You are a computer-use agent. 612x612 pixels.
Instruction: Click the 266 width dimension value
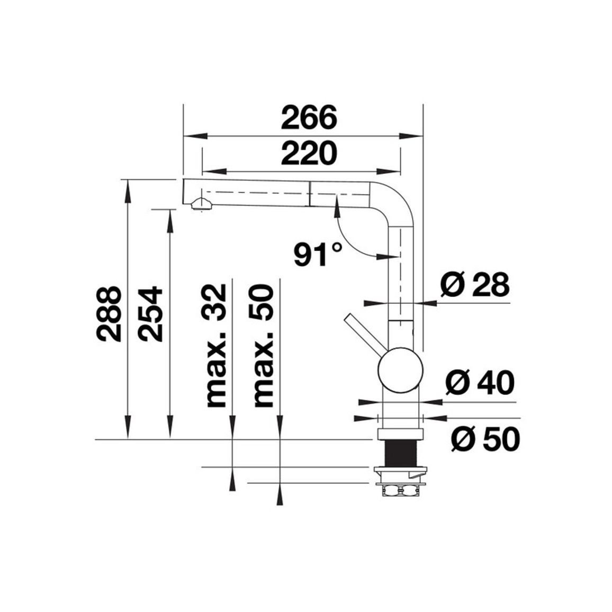point(309,118)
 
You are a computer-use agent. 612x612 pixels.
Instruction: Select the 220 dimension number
point(309,154)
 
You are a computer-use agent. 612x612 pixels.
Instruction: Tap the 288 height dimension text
point(108,314)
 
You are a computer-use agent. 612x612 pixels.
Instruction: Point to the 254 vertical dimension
point(150,314)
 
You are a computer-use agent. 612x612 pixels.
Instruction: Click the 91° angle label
point(317,254)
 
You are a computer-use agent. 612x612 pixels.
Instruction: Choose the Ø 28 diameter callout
point(474,284)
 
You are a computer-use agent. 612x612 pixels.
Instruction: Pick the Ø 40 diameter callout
point(480,382)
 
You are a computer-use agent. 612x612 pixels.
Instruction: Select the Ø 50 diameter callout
point(485,439)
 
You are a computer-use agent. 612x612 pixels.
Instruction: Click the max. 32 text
point(217,345)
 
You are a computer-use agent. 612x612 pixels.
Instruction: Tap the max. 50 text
point(264,345)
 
